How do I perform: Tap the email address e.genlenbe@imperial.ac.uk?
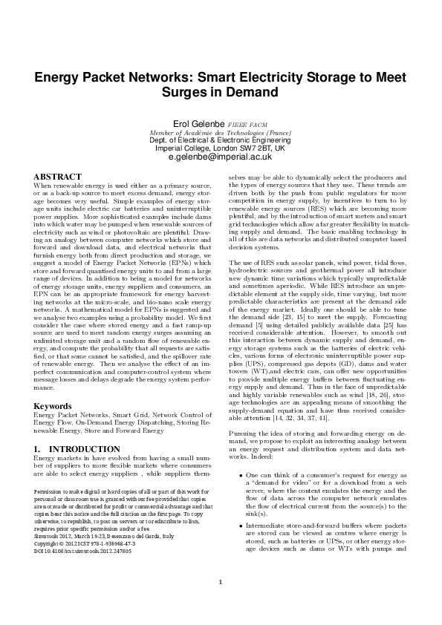point(220,157)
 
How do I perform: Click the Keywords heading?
point(54,406)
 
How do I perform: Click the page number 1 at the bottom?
point(221,581)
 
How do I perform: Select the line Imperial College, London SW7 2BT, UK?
point(220,148)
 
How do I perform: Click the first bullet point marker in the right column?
point(238,474)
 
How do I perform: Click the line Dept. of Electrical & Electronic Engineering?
point(220,140)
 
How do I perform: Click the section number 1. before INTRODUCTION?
point(38,450)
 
